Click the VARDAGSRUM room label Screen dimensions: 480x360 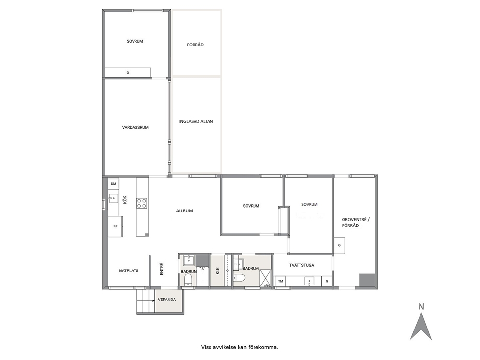click(135, 127)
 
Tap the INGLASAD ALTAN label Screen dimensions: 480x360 click(196, 121)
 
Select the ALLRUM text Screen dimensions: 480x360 click(184, 211)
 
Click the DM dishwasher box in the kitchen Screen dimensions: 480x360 click(114, 184)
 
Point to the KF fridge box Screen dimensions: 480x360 click(116, 226)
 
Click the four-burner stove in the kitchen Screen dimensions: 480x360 click(142, 203)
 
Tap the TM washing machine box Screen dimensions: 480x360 click(280, 281)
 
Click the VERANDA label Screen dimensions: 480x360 click(167, 300)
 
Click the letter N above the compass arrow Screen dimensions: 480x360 click(421, 306)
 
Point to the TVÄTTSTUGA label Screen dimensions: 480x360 click(301, 265)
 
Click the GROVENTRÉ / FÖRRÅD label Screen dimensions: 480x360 click(356, 223)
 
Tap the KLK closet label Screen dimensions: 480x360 click(218, 271)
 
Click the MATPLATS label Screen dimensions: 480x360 click(128, 270)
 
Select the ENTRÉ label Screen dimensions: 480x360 click(162, 269)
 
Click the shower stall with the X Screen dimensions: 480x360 click(266, 278)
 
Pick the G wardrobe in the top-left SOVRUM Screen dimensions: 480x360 click(128, 73)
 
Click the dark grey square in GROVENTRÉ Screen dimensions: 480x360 click(367, 280)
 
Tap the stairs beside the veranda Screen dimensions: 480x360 click(146, 301)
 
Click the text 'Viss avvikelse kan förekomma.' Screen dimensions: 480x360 click(240, 347)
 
